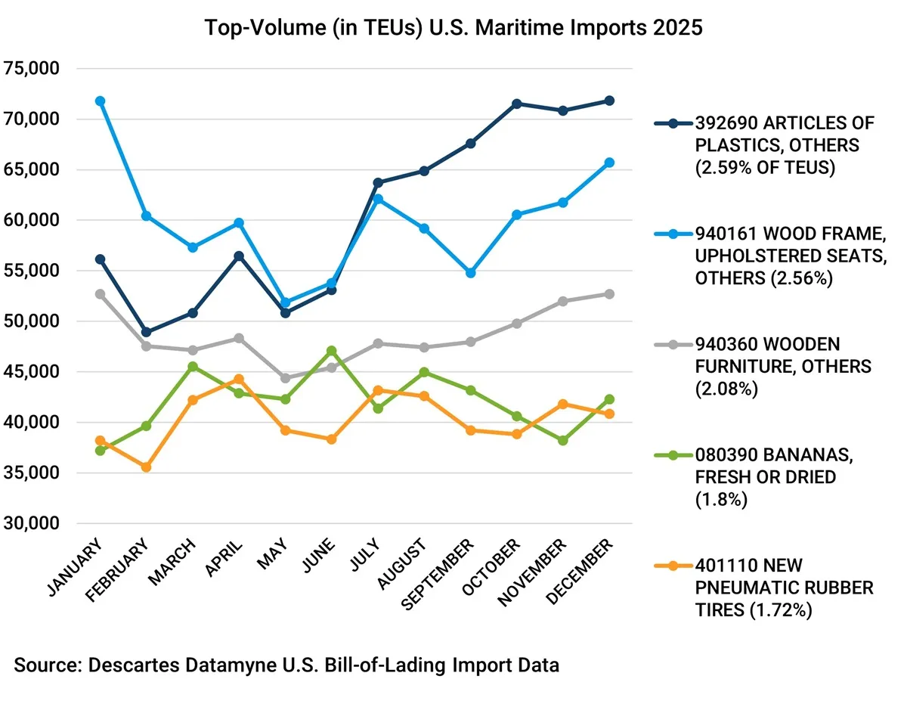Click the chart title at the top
453,28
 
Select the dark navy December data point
609,101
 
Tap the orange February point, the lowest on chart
146,467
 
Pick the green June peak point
331,351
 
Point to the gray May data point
285,378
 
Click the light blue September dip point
470,272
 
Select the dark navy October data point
517,104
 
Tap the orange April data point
239,379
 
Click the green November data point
563,440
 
